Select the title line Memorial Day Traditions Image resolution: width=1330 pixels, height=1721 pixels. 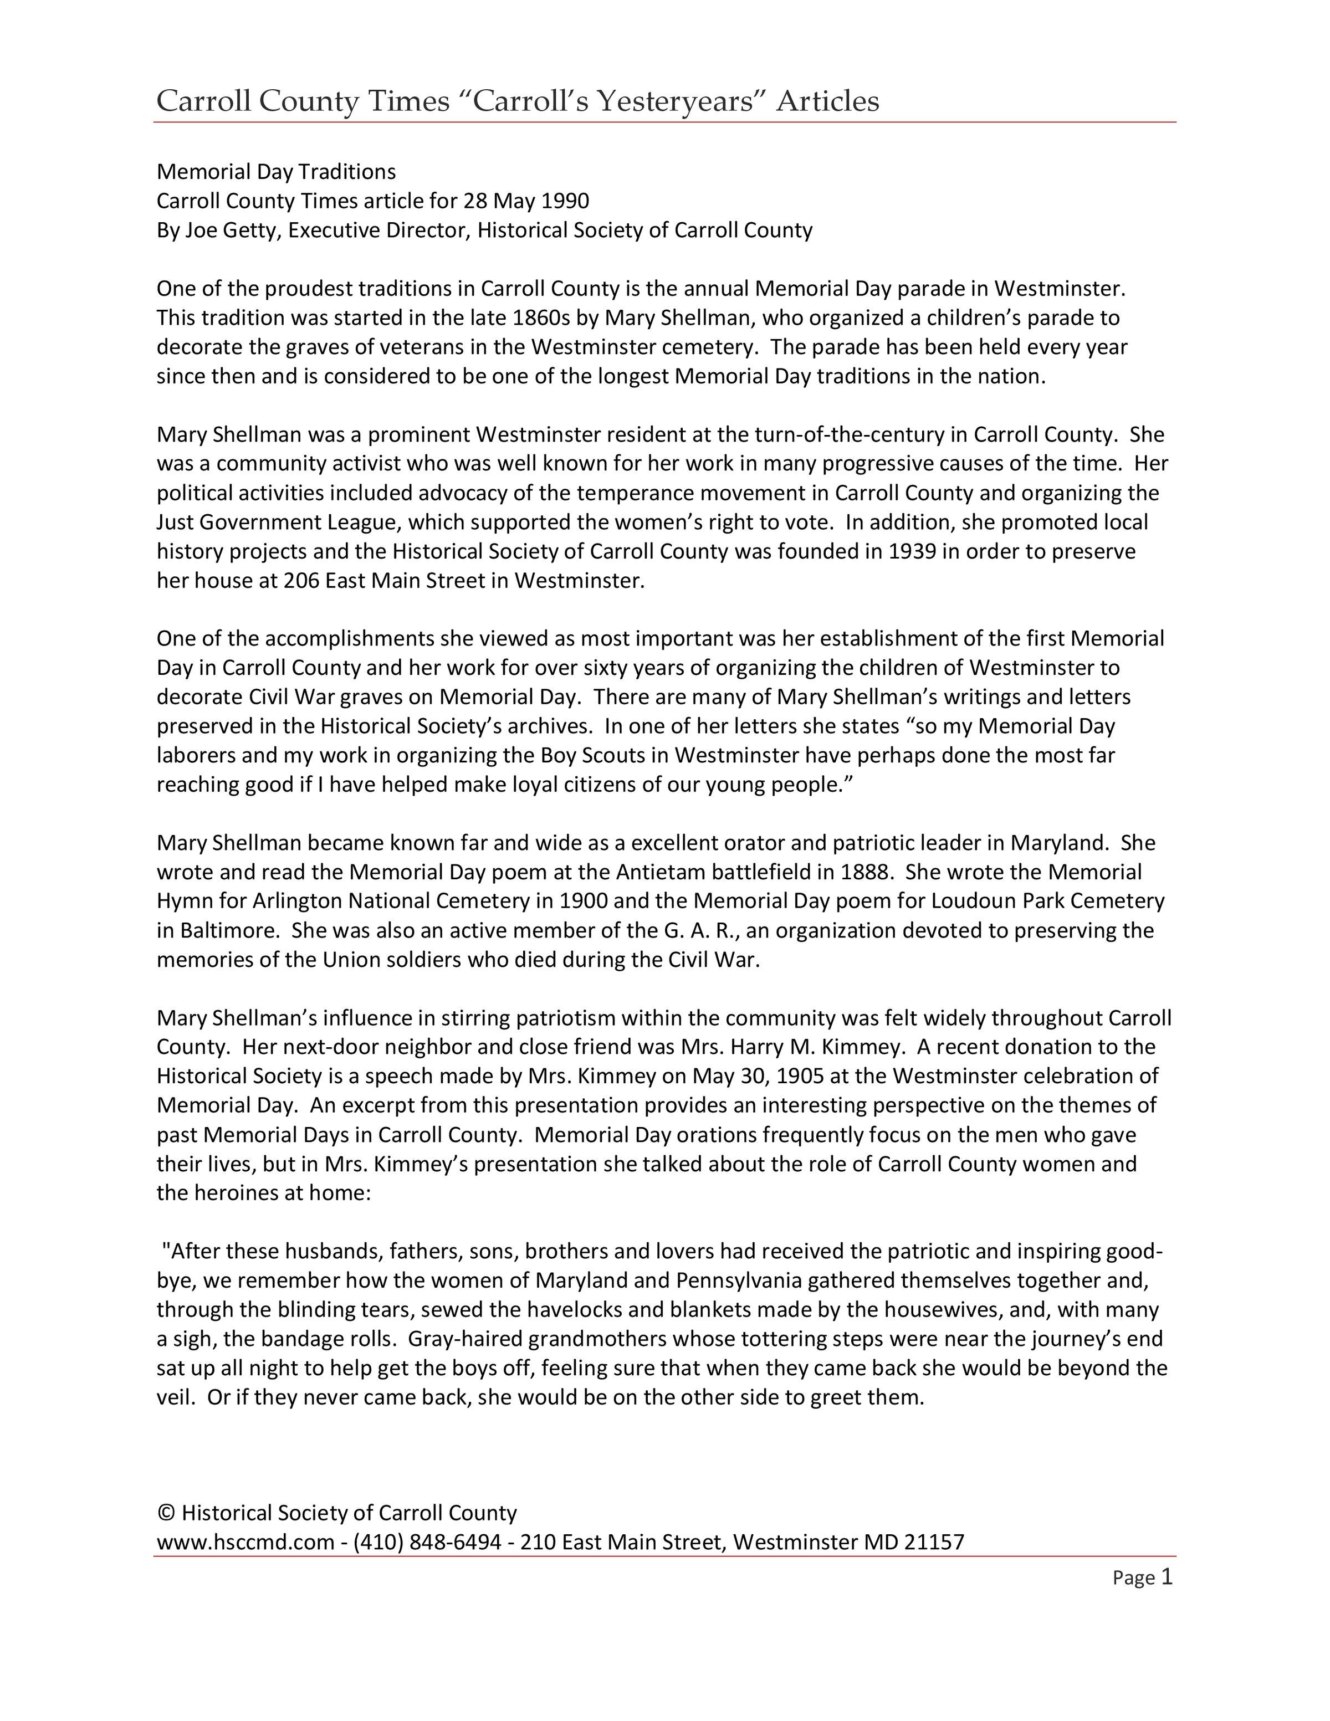pos(276,172)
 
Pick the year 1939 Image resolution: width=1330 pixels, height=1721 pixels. pos(912,551)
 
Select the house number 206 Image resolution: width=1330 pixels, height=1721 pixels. pos(301,581)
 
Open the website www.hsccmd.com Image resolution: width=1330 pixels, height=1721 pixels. pos(246,1542)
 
